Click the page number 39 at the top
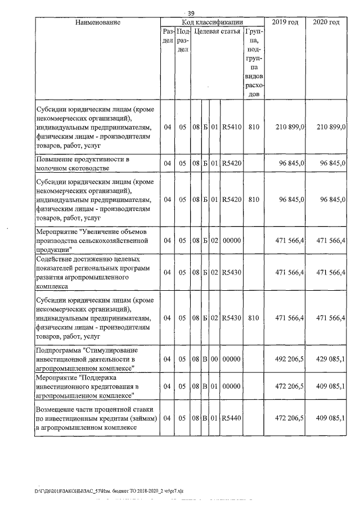(x=191, y=13)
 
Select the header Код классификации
(x=211, y=22)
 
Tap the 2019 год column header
(x=285, y=22)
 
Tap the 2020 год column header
(x=326, y=22)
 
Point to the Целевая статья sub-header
(x=217, y=33)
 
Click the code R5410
(x=232, y=127)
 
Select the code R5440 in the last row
(x=232, y=418)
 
